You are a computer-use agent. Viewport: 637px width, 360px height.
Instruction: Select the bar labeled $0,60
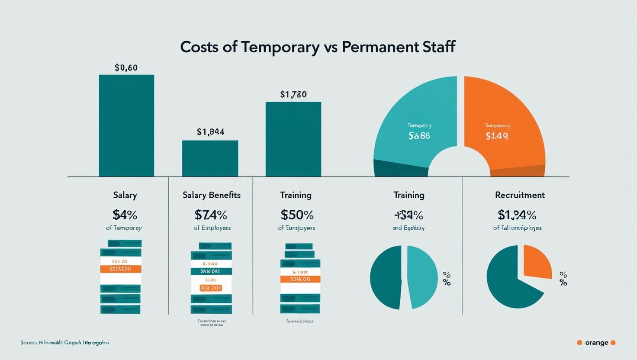[126, 125]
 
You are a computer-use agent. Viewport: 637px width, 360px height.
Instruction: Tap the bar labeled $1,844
[210, 158]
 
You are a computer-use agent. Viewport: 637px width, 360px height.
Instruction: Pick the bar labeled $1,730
[293, 139]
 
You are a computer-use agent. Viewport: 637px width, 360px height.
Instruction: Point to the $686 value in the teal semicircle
[419, 136]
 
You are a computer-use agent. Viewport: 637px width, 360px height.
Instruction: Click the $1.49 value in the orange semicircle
[497, 136]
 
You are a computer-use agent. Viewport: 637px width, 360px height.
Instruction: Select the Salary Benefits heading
[212, 195]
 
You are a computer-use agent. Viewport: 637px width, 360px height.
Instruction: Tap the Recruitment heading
[520, 195]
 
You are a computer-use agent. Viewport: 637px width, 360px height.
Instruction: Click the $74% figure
[211, 215]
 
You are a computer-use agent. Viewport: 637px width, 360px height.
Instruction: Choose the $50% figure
[297, 215]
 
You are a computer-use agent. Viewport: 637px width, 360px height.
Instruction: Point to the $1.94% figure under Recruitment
[517, 215]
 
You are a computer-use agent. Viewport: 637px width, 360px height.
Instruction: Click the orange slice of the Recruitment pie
[537, 262]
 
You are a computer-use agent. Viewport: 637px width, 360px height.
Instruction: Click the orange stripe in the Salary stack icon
[121, 269]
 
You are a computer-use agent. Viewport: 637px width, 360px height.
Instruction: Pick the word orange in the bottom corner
[596, 343]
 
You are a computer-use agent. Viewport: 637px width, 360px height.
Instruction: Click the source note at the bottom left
[65, 343]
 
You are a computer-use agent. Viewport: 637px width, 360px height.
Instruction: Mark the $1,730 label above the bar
[293, 94]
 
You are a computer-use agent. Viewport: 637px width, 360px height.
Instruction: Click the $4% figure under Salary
[125, 215]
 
